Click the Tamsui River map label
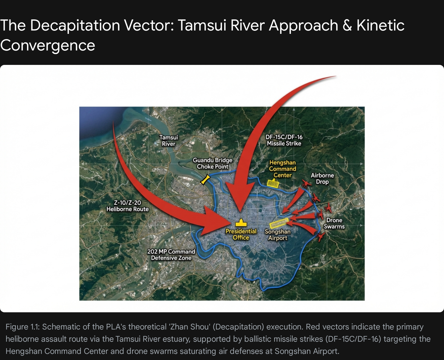(x=169, y=141)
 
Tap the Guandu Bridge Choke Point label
(x=213, y=163)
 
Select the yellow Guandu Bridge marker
(x=205, y=179)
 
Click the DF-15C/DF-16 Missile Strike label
(x=284, y=140)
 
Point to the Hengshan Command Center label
(x=282, y=169)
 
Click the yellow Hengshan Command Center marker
(x=273, y=183)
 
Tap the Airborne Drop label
(x=322, y=179)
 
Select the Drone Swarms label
(x=334, y=223)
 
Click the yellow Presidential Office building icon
(x=241, y=223)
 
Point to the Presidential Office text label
(x=241, y=234)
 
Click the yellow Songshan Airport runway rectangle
(x=279, y=223)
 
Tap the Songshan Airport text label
(x=277, y=235)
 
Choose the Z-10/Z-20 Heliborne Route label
(x=128, y=206)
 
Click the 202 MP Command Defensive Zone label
(x=171, y=255)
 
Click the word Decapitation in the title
(x=75, y=26)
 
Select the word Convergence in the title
(x=48, y=45)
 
